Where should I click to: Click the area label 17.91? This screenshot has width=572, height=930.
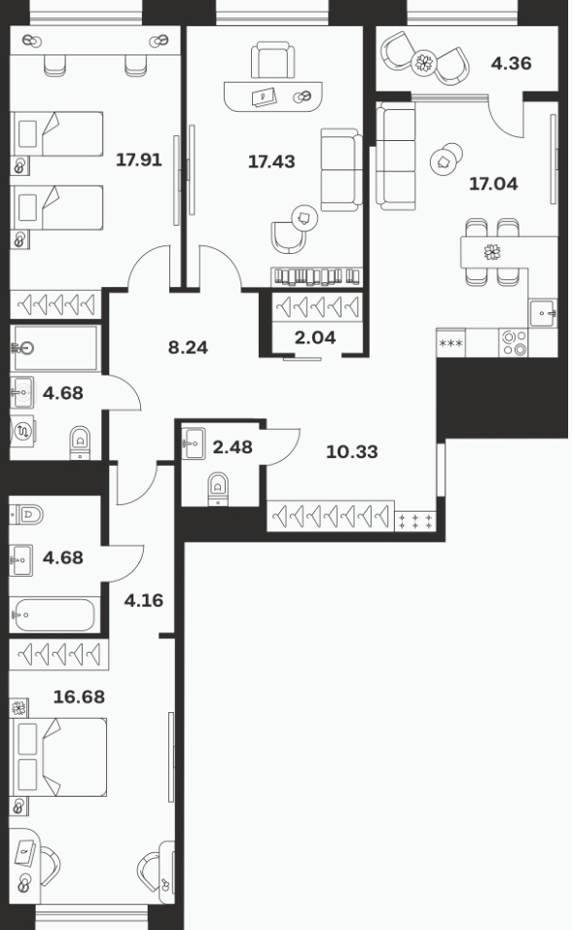click(x=139, y=160)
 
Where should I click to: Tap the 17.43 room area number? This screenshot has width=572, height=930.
click(x=271, y=161)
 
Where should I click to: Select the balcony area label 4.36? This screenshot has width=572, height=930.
click(x=511, y=63)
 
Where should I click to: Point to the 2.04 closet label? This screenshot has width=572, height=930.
click(x=315, y=338)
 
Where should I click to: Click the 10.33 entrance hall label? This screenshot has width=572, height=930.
click(x=352, y=452)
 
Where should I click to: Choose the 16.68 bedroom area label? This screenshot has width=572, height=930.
click(x=79, y=697)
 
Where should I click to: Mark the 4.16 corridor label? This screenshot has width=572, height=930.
click(x=144, y=600)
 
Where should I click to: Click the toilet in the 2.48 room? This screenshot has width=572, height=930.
click(x=218, y=489)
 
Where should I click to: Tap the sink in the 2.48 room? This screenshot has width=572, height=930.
click(x=193, y=444)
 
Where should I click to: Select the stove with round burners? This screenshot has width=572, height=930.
click(x=514, y=342)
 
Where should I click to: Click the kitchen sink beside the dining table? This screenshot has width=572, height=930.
click(x=543, y=312)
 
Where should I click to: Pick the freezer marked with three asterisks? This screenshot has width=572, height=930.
click(x=451, y=342)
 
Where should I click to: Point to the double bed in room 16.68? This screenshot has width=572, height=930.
click(x=58, y=758)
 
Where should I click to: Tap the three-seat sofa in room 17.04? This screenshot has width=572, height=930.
click(x=396, y=156)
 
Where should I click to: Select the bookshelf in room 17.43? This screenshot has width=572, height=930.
click(x=316, y=277)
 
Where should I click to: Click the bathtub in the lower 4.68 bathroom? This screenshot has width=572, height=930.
click(x=54, y=615)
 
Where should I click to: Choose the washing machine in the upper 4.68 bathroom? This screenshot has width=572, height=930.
click(x=22, y=431)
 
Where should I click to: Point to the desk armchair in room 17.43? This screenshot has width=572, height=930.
click(x=272, y=59)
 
